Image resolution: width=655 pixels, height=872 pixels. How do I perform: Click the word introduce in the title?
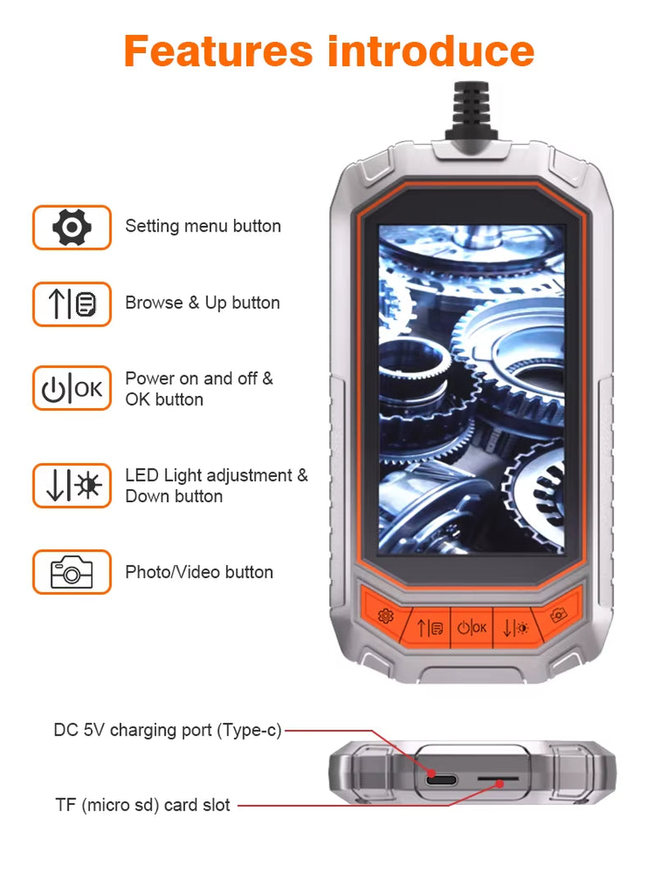[x=431, y=51]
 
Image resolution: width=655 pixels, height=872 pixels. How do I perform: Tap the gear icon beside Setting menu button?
[x=72, y=227]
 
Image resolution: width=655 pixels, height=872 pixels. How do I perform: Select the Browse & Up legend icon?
[x=72, y=303]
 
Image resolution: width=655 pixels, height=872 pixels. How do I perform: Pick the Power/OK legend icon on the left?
[x=72, y=389]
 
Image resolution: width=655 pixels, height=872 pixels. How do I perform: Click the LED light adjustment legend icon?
[x=72, y=485]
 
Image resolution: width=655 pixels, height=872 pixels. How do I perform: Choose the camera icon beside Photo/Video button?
[x=72, y=572]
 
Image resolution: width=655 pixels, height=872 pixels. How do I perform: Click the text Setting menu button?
[x=202, y=227]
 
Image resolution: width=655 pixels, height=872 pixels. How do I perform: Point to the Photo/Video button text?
[x=199, y=572]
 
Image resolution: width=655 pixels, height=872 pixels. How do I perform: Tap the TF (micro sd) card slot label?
[x=142, y=805]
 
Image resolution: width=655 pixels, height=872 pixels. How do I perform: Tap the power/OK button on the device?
[x=472, y=627]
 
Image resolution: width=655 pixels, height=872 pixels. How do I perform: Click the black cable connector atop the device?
[x=470, y=115]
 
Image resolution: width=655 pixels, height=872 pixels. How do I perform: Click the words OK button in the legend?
[x=164, y=399]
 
